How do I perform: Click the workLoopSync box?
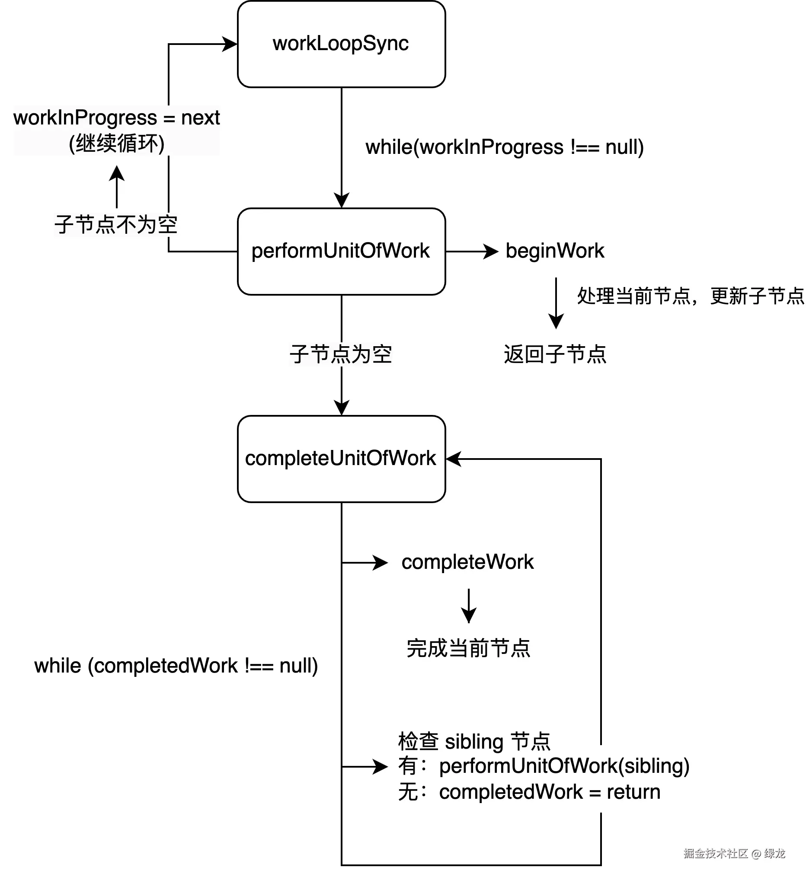[341, 44]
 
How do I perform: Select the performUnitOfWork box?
[341, 252]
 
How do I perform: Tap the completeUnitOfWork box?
[341, 459]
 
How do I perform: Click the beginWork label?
[554, 251]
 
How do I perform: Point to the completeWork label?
[467, 562]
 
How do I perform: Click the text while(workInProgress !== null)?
[504, 147]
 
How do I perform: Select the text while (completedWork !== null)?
[176, 666]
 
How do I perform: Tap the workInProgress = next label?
[117, 118]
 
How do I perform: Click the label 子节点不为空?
[116, 225]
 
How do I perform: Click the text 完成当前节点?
[468, 648]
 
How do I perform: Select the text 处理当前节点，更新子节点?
[690, 297]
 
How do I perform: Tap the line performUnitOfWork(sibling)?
[564, 766]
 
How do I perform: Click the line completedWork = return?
[549, 792]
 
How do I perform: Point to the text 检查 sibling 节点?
[474, 742]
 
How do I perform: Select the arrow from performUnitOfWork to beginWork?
[472, 252]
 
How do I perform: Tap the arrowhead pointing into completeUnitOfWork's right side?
[453, 459]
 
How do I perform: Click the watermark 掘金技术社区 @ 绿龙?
[734, 853]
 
